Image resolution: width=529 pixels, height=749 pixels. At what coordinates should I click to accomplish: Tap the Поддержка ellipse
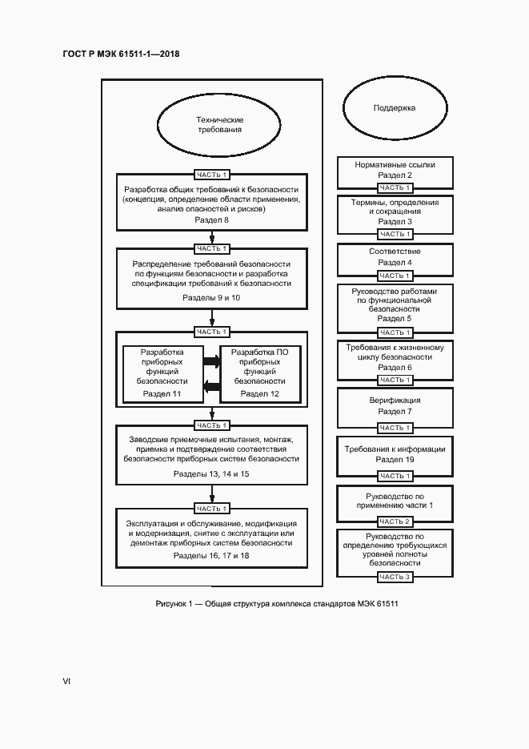(x=394, y=107)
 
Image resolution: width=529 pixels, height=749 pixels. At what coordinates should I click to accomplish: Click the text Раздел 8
(x=212, y=219)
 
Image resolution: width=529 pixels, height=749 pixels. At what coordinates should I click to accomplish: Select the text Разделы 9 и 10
(x=212, y=297)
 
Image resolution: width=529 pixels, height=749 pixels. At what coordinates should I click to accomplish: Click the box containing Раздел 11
(x=162, y=372)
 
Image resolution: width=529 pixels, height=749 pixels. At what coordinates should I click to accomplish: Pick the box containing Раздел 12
(x=261, y=372)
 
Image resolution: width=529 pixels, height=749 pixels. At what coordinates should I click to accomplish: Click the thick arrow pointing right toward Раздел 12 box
(x=212, y=361)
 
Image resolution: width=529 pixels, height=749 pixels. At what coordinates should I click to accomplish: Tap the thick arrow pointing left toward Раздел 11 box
(x=212, y=388)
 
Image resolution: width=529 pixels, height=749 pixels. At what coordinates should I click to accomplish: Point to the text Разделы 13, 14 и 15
(x=212, y=474)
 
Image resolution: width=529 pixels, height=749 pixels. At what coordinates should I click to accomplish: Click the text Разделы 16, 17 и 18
(x=212, y=555)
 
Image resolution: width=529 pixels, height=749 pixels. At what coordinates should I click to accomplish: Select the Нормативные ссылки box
(x=395, y=170)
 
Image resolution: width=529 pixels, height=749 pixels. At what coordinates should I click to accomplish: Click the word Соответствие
(x=395, y=252)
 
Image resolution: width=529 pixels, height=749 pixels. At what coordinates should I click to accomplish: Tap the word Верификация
(x=395, y=400)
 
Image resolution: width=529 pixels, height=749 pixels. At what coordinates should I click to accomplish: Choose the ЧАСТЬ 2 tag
(x=395, y=522)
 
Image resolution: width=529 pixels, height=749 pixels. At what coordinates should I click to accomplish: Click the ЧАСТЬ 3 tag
(x=395, y=577)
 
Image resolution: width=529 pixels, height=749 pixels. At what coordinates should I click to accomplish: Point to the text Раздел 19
(x=395, y=461)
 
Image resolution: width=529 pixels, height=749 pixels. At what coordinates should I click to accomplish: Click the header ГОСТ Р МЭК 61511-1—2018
(x=121, y=54)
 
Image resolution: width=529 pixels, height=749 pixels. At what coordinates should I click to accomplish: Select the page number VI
(x=67, y=681)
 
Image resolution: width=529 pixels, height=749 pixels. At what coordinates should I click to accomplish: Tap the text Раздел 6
(x=395, y=368)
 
